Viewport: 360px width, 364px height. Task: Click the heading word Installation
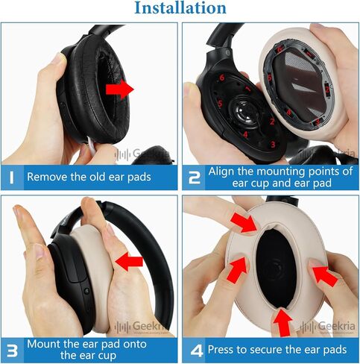click(x=180, y=9)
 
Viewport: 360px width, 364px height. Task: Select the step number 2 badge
click(x=193, y=178)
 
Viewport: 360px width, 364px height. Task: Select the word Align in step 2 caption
click(x=224, y=171)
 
